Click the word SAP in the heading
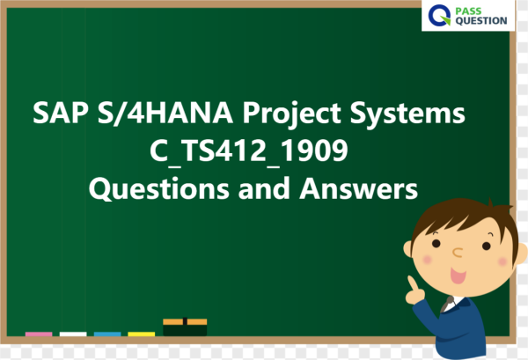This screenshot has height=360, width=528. point(61,114)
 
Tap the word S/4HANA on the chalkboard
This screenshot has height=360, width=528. point(165,114)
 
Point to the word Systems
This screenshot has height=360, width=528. point(407,114)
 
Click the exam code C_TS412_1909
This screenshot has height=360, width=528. point(249,152)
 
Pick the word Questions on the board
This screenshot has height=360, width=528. point(159,189)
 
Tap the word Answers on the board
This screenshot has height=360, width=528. point(359,188)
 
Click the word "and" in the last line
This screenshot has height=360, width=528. point(264,188)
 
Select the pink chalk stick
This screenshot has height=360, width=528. point(39,334)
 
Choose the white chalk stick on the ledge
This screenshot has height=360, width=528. point(73,334)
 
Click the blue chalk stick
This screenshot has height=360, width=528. point(107,334)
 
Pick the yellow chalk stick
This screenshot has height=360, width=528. point(142,334)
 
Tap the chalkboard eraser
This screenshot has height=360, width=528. point(185,327)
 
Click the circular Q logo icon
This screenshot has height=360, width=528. point(439,15)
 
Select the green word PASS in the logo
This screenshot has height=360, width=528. point(468,11)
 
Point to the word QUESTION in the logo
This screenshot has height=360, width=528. point(481,21)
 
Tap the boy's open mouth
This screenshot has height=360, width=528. point(458,276)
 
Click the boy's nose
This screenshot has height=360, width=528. point(458,253)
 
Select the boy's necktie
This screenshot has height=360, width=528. point(448,304)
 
